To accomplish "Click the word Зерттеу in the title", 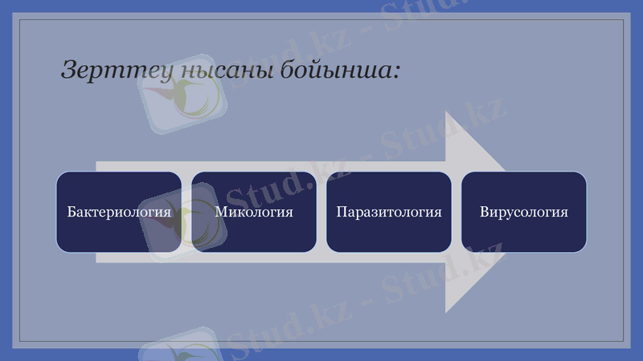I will (x=106, y=70).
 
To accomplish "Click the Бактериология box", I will (x=119, y=212).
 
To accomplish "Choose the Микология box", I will (x=254, y=212).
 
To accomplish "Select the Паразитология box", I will (x=389, y=212).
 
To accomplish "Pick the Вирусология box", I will (x=524, y=212).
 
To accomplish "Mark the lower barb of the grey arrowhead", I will (x=448, y=310).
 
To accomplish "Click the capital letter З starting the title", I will (x=69, y=70).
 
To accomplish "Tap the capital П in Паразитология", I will (x=342, y=213).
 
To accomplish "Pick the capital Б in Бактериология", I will (x=72, y=213).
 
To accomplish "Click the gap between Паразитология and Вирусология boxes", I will (x=457, y=212).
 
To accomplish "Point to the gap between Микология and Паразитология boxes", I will (x=321, y=212).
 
